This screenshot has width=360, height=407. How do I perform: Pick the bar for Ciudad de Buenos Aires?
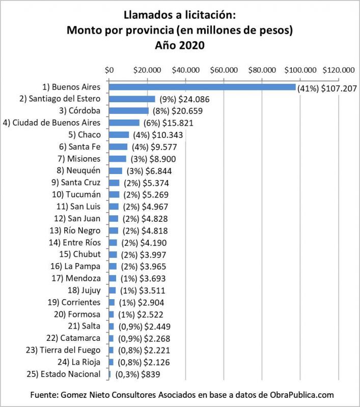124,123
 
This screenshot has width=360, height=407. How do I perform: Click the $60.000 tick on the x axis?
225,69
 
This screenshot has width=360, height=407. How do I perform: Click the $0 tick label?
109,69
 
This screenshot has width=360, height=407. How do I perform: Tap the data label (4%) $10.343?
157,135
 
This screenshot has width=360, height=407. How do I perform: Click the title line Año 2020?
180,45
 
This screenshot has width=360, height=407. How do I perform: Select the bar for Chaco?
119,135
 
